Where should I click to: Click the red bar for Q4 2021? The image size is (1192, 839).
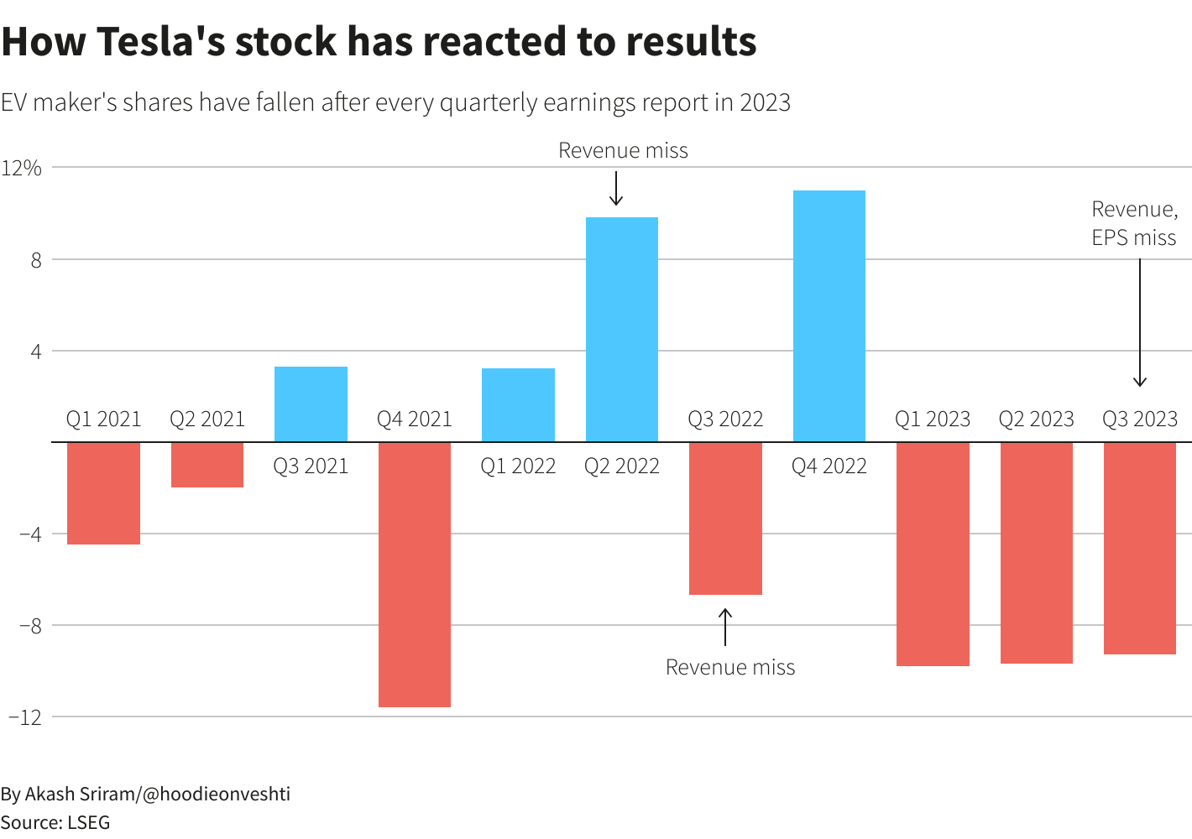tap(414, 574)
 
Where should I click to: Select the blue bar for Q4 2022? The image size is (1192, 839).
tap(829, 315)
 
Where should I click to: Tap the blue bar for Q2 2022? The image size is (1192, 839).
tap(621, 329)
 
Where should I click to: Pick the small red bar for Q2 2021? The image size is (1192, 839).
tap(207, 464)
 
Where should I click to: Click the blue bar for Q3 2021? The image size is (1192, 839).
tap(311, 404)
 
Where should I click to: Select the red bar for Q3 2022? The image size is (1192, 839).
tap(725, 518)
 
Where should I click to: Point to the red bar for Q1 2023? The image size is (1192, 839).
tap(933, 554)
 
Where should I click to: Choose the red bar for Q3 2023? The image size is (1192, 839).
tap(1139, 548)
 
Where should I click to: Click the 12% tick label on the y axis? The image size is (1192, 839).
tap(22, 168)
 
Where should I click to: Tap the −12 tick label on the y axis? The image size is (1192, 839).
tap(24, 717)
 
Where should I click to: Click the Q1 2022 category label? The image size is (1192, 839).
tap(518, 466)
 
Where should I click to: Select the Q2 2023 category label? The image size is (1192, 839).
tap(1036, 419)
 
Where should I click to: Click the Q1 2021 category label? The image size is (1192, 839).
tap(104, 419)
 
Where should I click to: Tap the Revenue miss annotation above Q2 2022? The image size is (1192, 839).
tap(623, 150)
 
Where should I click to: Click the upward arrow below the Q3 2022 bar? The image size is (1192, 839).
tap(725, 627)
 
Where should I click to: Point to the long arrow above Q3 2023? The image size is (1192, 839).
tap(1139, 323)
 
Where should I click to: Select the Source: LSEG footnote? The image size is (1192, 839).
tap(55, 822)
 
